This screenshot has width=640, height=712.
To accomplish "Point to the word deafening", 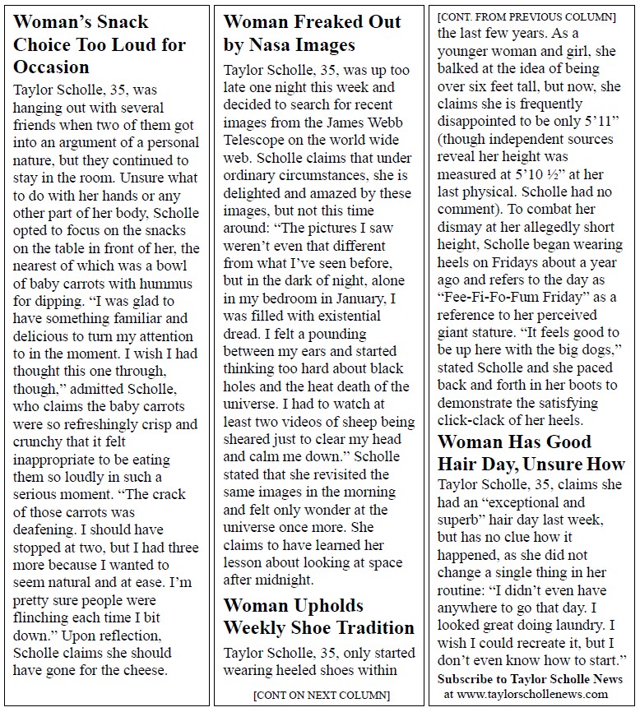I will [48, 529].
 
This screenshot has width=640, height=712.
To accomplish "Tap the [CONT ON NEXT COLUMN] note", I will [321, 695].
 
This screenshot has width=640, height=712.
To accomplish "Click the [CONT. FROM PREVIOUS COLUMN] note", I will [526, 16].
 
